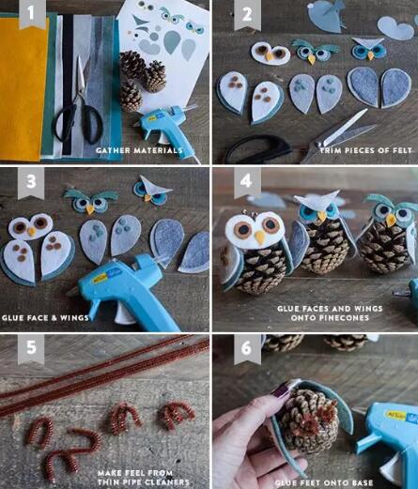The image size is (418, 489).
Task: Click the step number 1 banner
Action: (31, 14)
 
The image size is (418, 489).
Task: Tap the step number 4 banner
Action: (247, 183)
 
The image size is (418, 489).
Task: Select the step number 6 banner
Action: (247, 349)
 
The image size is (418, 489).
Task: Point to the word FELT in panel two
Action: (402, 150)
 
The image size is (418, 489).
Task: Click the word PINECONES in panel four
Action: (330, 318)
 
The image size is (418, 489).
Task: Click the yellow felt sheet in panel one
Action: (23, 87)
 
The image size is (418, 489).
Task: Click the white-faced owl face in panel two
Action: (271, 53)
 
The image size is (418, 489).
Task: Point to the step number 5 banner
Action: (31, 349)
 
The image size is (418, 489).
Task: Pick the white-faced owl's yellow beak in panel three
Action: (31, 232)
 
